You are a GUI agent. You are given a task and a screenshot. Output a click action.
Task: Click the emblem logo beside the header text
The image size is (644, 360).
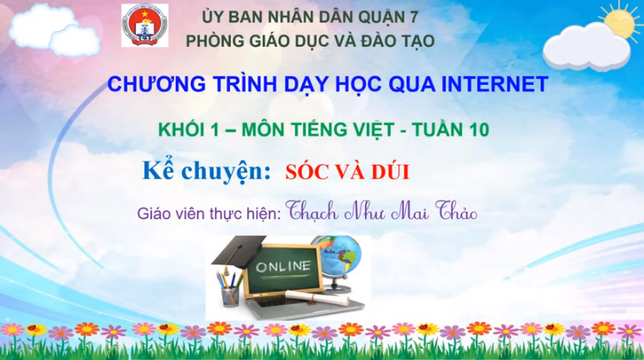145,25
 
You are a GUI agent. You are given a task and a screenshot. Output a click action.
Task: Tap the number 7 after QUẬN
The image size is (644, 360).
412,17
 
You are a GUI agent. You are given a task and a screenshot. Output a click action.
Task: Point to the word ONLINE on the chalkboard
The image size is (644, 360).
283,267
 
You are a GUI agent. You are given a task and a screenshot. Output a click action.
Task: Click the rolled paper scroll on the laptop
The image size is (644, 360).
317,297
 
